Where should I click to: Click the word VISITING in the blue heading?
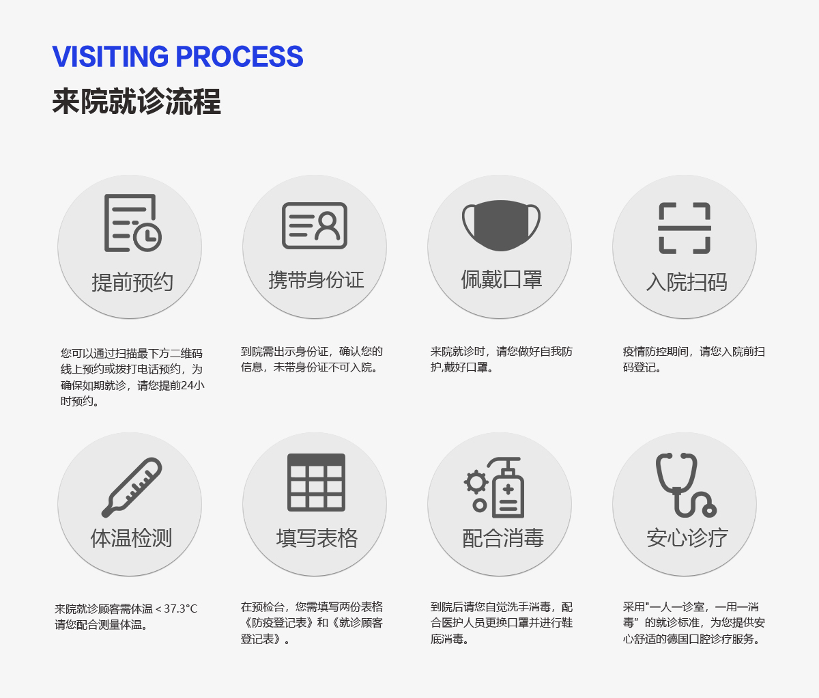click(111, 56)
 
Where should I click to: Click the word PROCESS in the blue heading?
click(240, 56)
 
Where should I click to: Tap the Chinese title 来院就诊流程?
click(136, 102)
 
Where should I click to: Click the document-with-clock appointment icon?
click(132, 223)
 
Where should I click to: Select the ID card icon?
click(315, 225)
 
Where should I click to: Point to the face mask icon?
click(501, 225)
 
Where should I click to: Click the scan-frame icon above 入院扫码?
click(685, 228)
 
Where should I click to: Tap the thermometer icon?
click(132, 488)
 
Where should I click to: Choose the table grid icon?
click(316, 483)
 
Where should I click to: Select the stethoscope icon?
click(686, 485)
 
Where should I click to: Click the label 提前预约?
click(132, 282)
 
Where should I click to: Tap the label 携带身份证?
click(316, 280)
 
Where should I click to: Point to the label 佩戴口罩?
click(501, 279)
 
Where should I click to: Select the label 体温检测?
click(131, 538)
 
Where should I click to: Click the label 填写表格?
click(317, 538)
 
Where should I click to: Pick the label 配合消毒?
click(503, 538)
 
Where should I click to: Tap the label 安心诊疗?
click(687, 538)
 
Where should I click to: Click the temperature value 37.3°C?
click(180, 609)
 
